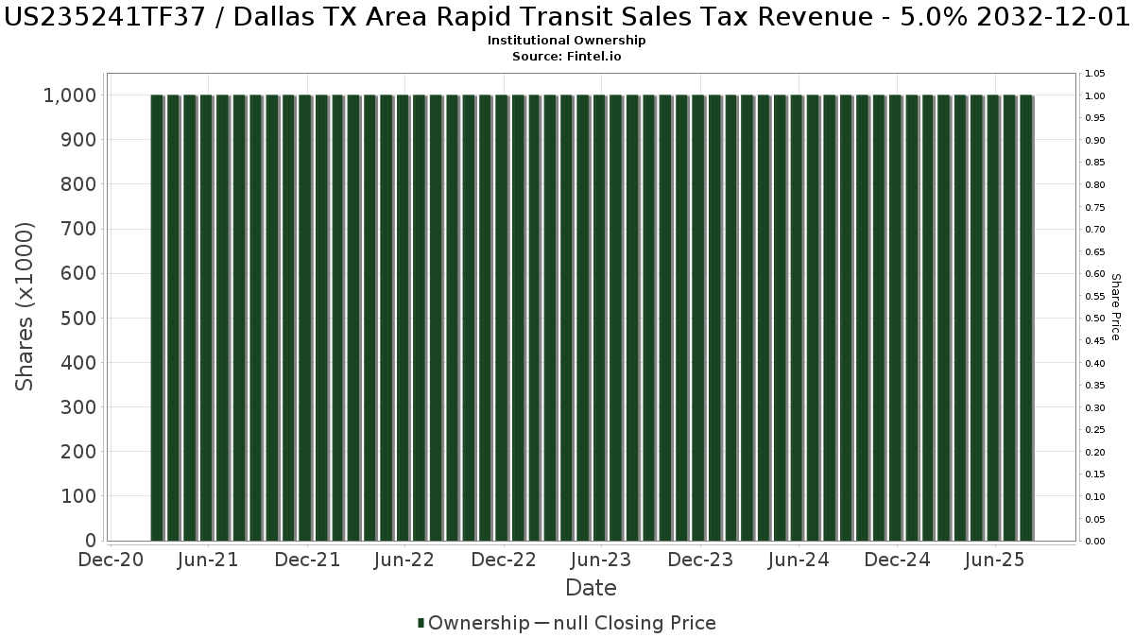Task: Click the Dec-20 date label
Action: tap(112, 560)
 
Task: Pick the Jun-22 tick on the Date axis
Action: tap(404, 560)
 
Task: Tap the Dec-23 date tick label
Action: tap(700, 560)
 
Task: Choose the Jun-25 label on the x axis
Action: tap(994, 560)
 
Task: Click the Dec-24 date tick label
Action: tap(897, 560)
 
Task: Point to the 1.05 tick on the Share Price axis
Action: tap(1095, 74)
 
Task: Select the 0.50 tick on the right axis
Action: tap(1095, 319)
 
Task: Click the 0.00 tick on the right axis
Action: tap(1095, 542)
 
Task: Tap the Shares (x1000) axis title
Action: tap(26, 306)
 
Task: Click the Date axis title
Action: tap(591, 588)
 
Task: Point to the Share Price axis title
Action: tap(1115, 306)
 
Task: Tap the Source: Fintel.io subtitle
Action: tap(567, 57)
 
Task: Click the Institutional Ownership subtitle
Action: tap(567, 41)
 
